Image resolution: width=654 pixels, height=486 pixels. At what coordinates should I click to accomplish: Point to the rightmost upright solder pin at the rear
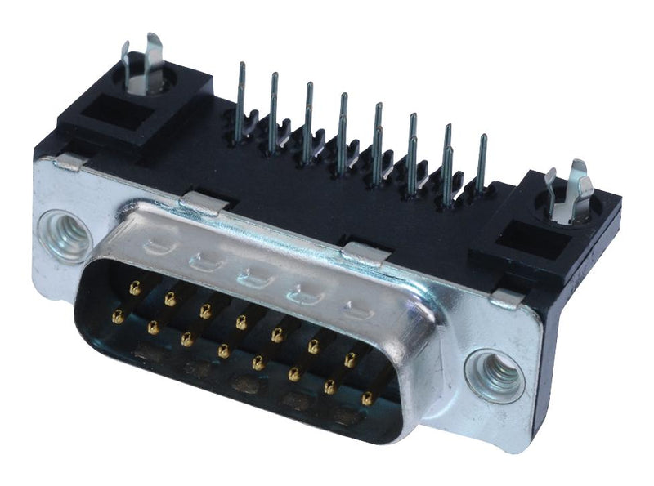pyautogui.click(x=482, y=163)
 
